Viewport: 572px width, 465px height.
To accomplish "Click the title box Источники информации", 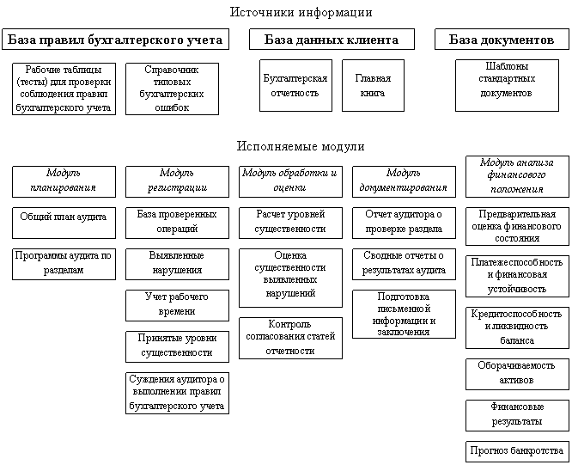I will point(301,12).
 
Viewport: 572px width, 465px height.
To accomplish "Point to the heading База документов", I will point(502,40).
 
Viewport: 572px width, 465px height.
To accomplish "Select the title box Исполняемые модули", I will point(301,145).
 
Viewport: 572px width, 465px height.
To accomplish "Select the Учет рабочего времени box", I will point(175,303).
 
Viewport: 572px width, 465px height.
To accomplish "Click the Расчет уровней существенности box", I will point(290,223).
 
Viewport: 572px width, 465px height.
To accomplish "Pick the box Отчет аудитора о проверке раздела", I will point(404,223).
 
